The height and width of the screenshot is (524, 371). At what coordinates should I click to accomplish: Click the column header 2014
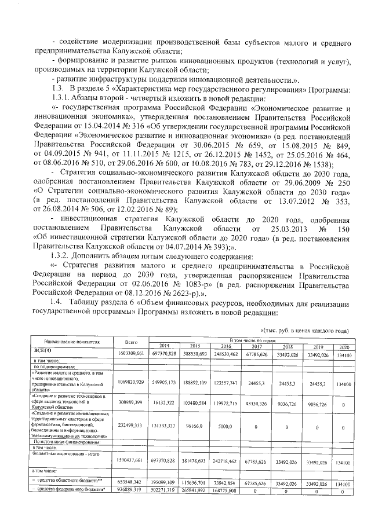(x=165, y=345)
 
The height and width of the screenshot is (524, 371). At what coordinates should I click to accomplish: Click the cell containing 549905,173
(x=165, y=383)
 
